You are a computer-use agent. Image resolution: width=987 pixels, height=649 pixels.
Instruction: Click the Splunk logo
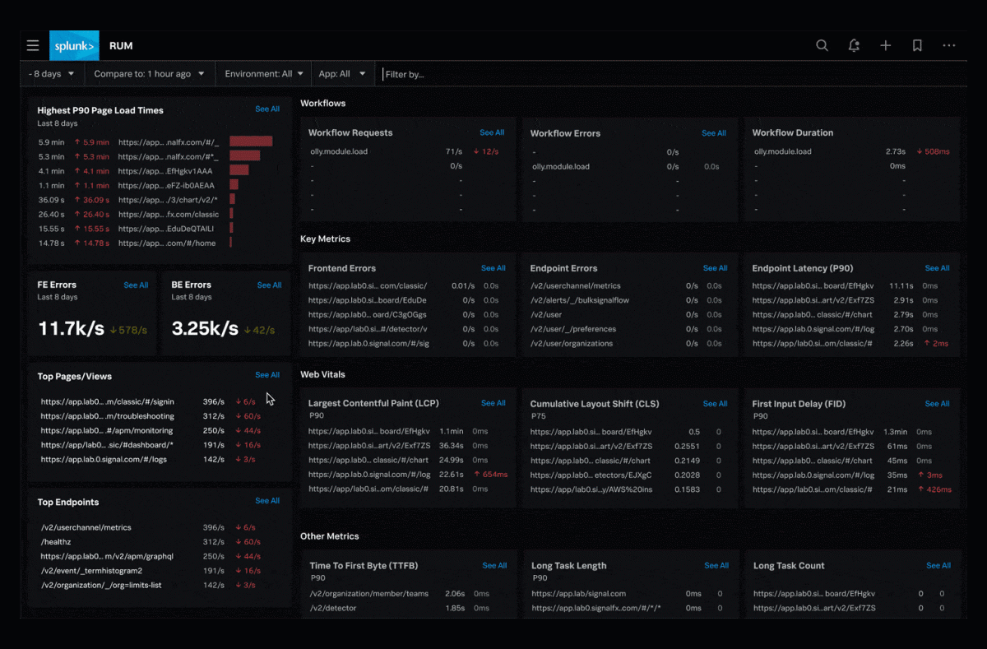tap(74, 46)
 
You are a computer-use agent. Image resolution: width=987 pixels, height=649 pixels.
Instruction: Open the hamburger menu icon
tap(33, 46)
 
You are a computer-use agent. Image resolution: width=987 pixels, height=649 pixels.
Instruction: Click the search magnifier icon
tap(822, 46)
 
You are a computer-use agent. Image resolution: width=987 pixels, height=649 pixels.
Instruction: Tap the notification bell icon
tap(854, 46)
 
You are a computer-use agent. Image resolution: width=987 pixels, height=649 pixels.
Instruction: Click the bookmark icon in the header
tap(917, 46)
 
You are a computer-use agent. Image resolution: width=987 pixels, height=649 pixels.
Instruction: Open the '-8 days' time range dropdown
tap(52, 74)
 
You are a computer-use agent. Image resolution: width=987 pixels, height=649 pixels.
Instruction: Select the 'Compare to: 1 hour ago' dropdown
tap(149, 74)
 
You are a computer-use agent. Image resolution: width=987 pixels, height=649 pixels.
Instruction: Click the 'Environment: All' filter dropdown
tap(264, 74)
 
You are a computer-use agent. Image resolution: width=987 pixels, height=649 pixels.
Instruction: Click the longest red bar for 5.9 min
tap(251, 141)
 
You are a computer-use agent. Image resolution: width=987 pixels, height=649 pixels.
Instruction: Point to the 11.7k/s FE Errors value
tap(71, 329)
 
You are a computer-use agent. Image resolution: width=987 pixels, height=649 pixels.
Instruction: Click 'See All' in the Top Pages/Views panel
tap(267, 375)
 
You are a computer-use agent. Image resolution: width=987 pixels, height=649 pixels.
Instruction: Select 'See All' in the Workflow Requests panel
tap(492, 132)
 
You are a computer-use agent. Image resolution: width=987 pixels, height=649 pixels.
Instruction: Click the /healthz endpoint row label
tap(55, 542)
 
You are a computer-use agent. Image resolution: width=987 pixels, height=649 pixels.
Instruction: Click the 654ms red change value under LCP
tap(494, 475)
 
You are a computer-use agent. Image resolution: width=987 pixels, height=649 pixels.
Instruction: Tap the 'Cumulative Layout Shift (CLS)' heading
tap(594, 404)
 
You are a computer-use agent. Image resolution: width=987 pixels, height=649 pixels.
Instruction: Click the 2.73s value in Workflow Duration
tap(895, 151)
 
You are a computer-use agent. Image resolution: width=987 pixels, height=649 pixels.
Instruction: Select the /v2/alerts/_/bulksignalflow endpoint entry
tap(580, 300)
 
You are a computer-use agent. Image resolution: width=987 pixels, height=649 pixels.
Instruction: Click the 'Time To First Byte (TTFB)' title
tap(364, 566)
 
